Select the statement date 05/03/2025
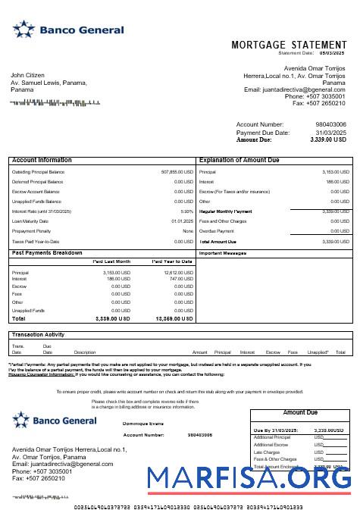(332, 53)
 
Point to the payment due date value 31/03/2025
(330, 133)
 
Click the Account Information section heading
(42, 161)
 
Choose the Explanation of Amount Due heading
(241, 161)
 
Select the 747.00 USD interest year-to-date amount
(181, 278)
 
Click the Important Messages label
(224, 252)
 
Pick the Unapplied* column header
(318, 352)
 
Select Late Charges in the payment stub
(266, 452)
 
